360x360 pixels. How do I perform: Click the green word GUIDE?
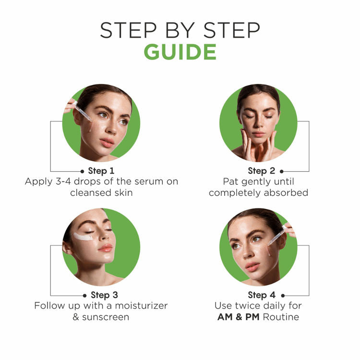[x=180, y=52]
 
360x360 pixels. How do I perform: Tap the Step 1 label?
[x=101, y=171]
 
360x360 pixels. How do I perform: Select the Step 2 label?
[x=262, y=171]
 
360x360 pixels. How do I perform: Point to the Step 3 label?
[x=104, y=295]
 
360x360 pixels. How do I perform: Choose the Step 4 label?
[x=262, y=295]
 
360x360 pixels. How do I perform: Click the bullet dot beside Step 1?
[x=82, y=171]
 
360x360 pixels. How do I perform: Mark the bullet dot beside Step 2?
[x=282, y=171]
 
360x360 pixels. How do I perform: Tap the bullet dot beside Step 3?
[x=84, y=296]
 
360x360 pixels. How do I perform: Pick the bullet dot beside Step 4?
[x=283, y=296]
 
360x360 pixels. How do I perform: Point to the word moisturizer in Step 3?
[x=141, y=306]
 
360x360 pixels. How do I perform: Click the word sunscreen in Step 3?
[x=106, y=317]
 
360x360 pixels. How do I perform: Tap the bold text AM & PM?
[x=238, y=317]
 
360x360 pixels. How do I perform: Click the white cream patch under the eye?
[x=83, y=237]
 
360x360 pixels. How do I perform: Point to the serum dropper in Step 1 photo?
[x=82, y=111]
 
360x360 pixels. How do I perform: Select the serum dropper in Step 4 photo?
[x=278, y=236]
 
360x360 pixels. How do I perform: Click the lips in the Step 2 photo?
[x=258, y=133]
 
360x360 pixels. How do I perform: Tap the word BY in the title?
[x=180, y=30]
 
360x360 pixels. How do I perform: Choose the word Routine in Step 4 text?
[x=281, y=317]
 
